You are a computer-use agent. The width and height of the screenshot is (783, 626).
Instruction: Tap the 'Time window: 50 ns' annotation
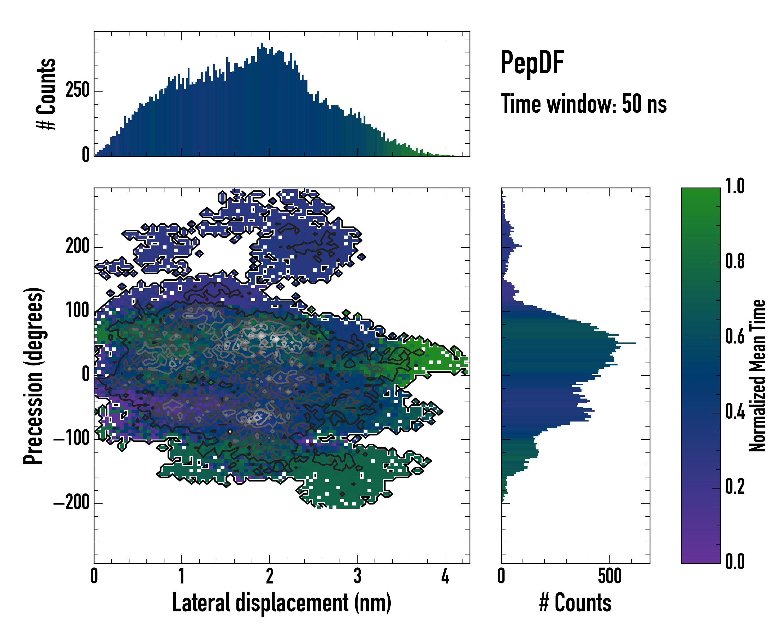click(584, 104)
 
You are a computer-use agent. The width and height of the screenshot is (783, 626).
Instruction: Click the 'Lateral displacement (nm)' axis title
click(281, 603)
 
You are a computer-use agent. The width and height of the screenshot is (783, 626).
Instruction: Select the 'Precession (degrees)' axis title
click(33, 375)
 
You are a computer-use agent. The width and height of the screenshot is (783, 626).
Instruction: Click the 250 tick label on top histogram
click(77, 90)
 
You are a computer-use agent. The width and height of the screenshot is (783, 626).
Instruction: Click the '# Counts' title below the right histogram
click(575, 603)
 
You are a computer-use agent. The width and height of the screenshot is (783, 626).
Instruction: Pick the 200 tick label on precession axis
click(77, 247)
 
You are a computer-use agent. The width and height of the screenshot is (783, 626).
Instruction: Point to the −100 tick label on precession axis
click(71, 439)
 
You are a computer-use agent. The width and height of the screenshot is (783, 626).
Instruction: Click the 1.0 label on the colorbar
click(734, 186)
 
